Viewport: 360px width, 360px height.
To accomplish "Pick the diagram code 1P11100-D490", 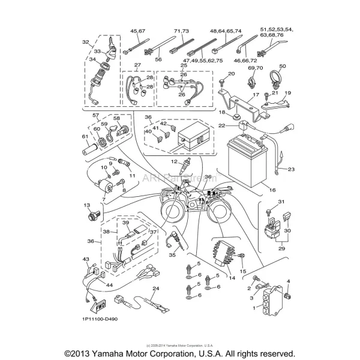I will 97,319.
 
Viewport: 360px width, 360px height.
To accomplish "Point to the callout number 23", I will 291,170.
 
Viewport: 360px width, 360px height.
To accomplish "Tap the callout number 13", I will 87,205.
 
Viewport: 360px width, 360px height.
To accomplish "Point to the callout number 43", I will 86,259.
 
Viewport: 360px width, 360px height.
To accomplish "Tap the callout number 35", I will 172,255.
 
